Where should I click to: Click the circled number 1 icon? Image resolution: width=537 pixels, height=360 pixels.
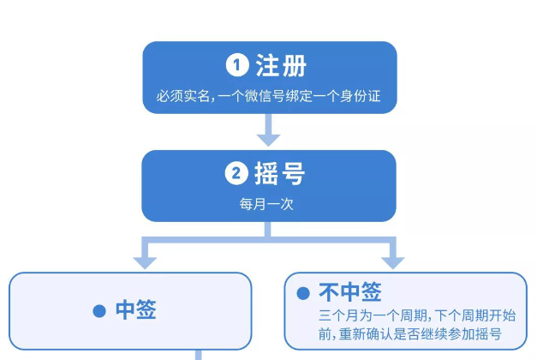tap(237, 65)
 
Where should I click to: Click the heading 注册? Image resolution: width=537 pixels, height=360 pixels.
tap(280, 65)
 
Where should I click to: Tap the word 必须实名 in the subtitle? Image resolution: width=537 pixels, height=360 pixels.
tap(177, 98)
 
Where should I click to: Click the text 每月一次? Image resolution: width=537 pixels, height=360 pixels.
tap(269, 206)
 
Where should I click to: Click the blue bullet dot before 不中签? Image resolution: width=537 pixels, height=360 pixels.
tap(302, 293)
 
